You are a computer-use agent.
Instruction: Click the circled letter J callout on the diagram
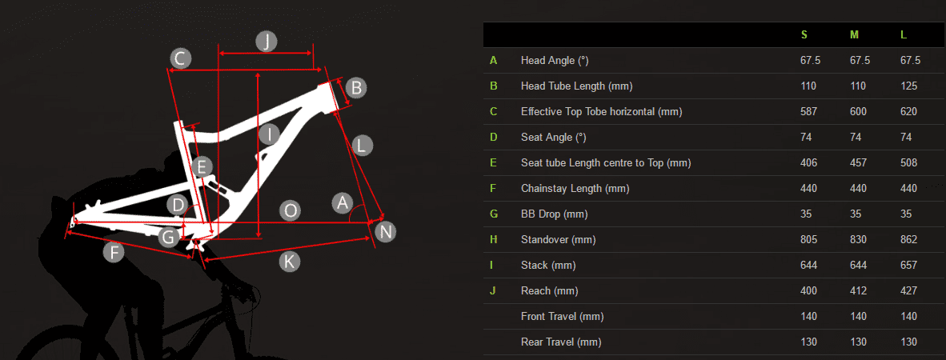coord(266,42)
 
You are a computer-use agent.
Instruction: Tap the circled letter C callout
coord(180,59)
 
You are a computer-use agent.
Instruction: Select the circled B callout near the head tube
coord(356,88)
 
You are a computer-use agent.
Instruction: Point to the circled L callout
coord(362,146)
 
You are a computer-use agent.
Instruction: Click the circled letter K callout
coord(290,262)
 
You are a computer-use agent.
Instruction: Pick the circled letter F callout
coord(114,251)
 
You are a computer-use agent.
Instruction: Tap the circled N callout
coord(386,231)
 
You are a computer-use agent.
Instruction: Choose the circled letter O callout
coord(291,210)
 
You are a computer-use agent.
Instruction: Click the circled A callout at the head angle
coord(343,202)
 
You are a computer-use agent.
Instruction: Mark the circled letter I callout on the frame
coord(269,134)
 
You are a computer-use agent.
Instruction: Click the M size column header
coord(854,35)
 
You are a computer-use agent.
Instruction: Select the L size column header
coord(903,35)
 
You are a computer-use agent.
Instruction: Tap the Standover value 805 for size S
coord(809,240)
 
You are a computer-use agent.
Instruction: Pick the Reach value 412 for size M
coord(858,291)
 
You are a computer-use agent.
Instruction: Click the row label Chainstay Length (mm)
coord(575,189)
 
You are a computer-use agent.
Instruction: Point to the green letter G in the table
coord(494,214)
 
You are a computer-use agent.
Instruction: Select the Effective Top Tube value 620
coord(908,111)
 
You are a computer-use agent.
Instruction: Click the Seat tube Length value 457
coord(858,163)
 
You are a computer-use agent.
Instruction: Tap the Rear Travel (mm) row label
coord(561,342)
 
